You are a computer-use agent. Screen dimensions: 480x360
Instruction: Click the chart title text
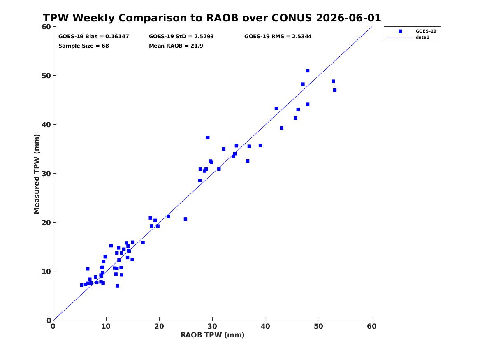(x=212, y=18)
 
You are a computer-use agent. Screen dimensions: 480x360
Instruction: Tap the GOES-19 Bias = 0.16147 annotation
(x=94, y=37)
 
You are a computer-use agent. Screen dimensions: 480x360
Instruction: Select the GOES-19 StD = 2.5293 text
(x=181, y=37)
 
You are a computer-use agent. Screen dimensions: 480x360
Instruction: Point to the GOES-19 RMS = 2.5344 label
(x=278, y=37)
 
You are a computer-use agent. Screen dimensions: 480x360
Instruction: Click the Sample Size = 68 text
(x=83, y=46)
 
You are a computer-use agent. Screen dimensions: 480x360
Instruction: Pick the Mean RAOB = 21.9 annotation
(x=176, y=46)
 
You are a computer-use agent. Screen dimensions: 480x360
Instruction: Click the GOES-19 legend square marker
(x=400, y=31)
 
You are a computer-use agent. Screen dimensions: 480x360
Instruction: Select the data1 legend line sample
(x=400, y=37)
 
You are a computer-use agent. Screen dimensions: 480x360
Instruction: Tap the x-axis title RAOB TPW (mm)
(x=213, y=335)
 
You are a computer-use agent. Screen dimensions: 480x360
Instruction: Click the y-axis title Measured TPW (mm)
(x=37, y=174)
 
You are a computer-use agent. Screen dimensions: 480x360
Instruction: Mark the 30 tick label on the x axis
(x=213, y=326)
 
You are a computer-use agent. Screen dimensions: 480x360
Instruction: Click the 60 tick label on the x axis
(x=372, y=326)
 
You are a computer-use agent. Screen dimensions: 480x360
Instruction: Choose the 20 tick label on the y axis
(x=46, y=223)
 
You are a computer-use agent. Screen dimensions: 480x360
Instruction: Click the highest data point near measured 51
(x=308, y=71)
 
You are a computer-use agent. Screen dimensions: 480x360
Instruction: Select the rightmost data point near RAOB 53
(x=334, y=90)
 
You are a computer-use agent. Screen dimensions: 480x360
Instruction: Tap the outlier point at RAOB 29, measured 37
(x=208, y=138)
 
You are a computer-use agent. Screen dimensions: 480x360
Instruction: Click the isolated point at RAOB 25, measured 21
(x=185, y=219)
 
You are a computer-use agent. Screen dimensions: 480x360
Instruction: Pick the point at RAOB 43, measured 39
(x=282, y=128)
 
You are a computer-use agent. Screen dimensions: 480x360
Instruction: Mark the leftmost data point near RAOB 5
(x=82, y=285)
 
